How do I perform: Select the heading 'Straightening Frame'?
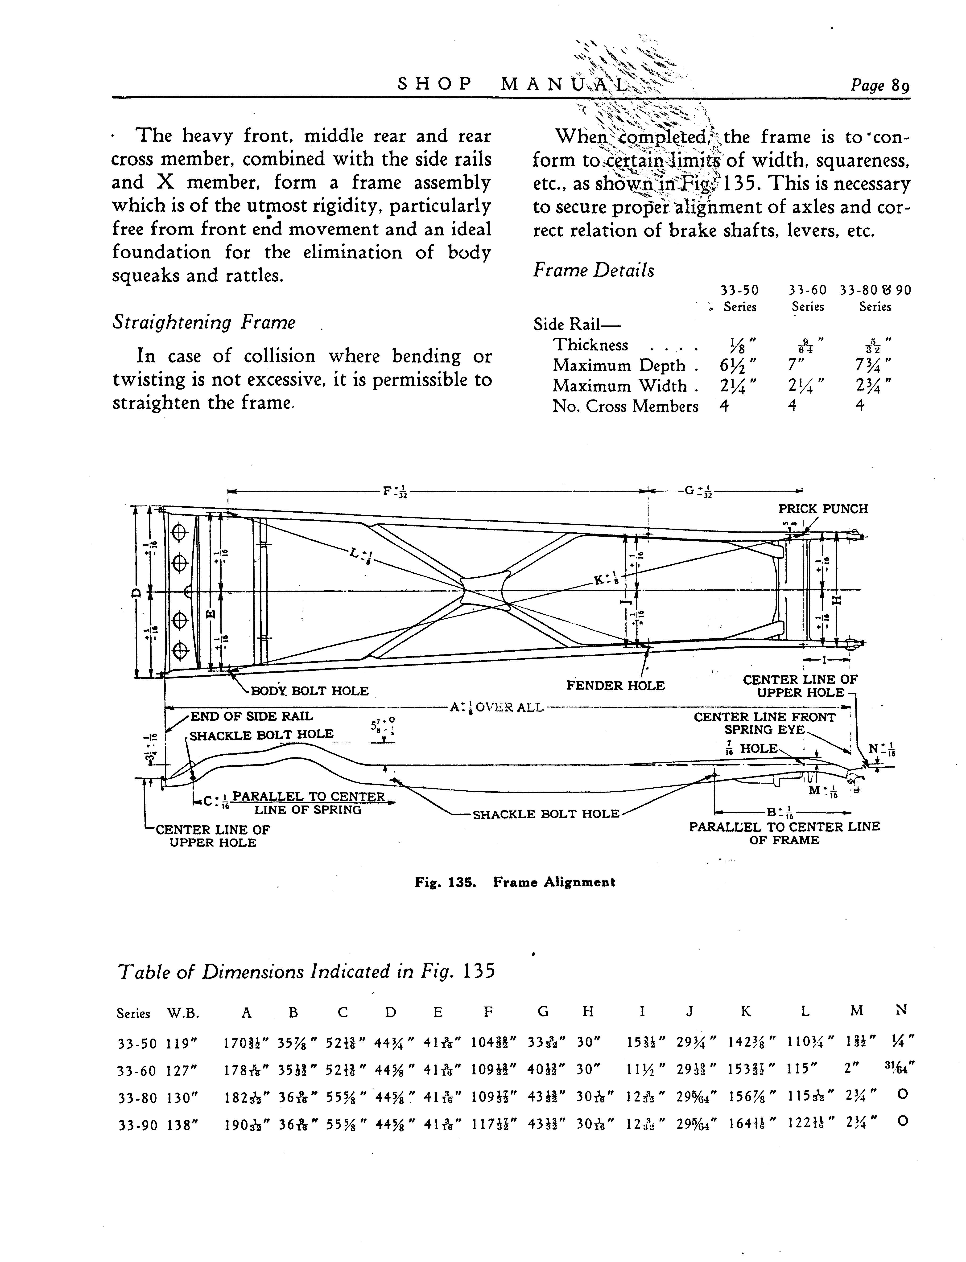(204, 323)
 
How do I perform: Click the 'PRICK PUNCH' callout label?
(823, 509)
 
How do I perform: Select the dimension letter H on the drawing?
(837, 600)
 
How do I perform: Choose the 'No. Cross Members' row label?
(625, 407)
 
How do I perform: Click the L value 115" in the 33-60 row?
(803, 1069)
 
